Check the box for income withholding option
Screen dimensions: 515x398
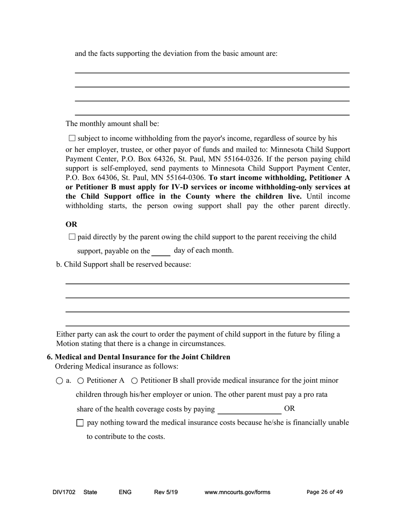(x=72, y=138)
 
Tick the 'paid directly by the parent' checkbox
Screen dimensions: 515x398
(x=72, y=237)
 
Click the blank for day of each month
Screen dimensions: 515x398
(x=161, y=251)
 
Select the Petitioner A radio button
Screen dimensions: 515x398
(x=81, y=381)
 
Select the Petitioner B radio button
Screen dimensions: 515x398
(x=134, y=381)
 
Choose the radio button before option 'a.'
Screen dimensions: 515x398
(x=59, y=381)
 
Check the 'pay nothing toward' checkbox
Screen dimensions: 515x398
(x=80, y=423)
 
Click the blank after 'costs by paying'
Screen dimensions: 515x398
(x=249, y=409)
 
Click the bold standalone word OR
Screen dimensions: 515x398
(x=72, y=224)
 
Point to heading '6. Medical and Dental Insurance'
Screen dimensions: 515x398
(x=138, y=357)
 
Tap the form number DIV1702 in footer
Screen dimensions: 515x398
(x=64, y=492)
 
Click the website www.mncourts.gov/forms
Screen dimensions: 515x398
(x=237, y=492)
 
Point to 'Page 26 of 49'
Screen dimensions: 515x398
(x=325, y=492)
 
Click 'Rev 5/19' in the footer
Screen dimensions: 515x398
(x=166, y=492)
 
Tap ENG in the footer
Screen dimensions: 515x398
(x=125, y=492)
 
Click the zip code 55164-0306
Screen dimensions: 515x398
(x=184, y=178)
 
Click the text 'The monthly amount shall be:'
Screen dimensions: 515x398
(x=112, y=124)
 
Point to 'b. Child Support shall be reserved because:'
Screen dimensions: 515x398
(x=124, y=265)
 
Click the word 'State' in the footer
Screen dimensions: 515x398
(x=90, y=492)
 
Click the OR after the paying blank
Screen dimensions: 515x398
(x=289, y=409)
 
